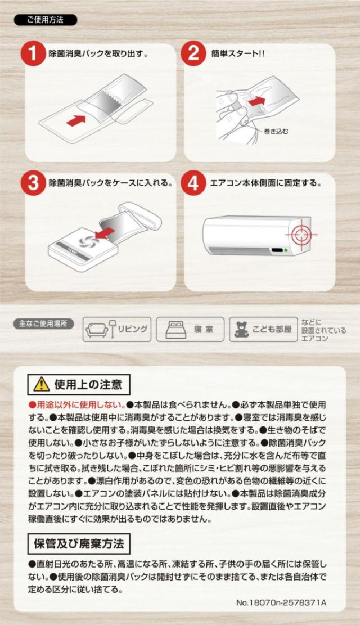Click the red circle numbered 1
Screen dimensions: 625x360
pos(34,55)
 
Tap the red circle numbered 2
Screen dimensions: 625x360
pos(193,55)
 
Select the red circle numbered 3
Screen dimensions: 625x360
pos(34,184)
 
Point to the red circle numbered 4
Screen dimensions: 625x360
pos(193,184)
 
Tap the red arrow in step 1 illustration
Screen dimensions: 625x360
pos(76,120)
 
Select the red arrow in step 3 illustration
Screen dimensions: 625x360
pos(105,232)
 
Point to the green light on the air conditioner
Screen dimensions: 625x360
pos(286,250)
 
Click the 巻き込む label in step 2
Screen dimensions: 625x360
pos(276,131)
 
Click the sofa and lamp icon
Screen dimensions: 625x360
pos(100,329)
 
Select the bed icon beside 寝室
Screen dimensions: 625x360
pos(175,330)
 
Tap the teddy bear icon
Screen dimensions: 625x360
pos(241,330)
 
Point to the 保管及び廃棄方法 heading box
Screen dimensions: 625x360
pos(79,544)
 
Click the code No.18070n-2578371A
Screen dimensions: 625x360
pos(281,602)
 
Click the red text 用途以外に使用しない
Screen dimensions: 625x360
pos(76,404)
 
